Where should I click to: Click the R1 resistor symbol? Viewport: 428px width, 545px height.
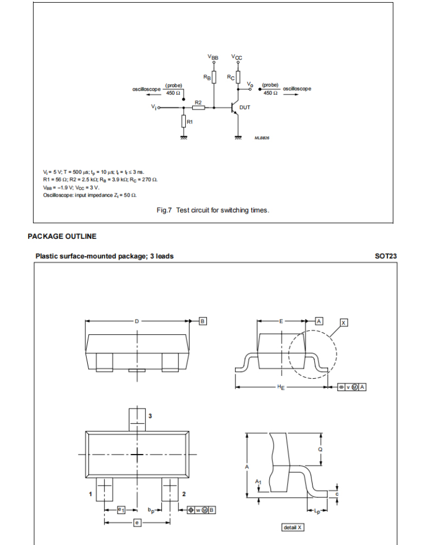point(184,122)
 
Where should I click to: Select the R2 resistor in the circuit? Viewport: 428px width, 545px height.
point(198,108)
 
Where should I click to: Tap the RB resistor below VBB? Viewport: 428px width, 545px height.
point(214,77)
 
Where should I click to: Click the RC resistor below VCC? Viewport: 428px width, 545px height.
point(237,77)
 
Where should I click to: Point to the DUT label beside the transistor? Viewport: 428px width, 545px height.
point(245,108)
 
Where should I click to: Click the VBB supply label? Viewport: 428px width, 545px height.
point(213,56)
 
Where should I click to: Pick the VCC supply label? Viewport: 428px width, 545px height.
point(237,56)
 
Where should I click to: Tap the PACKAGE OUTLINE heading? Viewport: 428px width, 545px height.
point(62,237)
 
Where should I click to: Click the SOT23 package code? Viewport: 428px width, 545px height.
point(386,256)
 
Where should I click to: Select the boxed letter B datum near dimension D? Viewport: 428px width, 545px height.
point(203,321)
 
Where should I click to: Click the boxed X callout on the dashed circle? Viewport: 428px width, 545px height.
point(343,322)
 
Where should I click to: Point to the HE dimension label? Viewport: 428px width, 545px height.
point(281,387)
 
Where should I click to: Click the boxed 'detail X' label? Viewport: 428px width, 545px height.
point(293,527)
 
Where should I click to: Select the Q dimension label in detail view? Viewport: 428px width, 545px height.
point(321,449)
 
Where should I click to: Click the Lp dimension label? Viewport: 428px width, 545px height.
point(317,511)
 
